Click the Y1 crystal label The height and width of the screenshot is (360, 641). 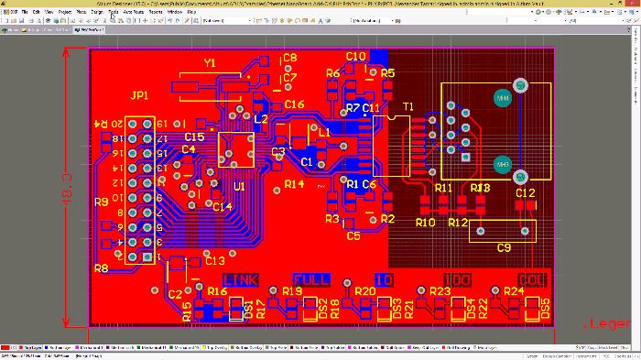pyautogui.click(x=210, y=63)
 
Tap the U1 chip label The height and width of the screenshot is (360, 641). pyautogui.click(x=239, y=186)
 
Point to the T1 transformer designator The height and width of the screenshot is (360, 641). pyautogui.click(x=407, y=107)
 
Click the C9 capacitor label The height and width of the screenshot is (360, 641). pyautogui.click(x=503, y=247)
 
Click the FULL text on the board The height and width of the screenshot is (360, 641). pyautogui.click(x=311, y=279)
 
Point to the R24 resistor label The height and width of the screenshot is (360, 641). pyautogui.click(x=514, y=291)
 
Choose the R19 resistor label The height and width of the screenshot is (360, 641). pyautogui.click(x=291, y=291)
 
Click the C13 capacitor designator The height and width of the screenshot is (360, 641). pyautogui.click(x=214, y=261)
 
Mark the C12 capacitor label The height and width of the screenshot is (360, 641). pyautogui.click(x=525, y=193)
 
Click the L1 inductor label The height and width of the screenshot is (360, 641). pyautogui.click(x=323, y=132)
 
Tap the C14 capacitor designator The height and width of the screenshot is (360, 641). pyautogui.click(x=222, y=207)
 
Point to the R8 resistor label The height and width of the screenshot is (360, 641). pyautogui.click(x=101, y=268)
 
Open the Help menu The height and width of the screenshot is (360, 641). pyautogui.click(x=191, y=12)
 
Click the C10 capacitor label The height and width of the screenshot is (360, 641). pyautogui.click(x=356, y=56)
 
